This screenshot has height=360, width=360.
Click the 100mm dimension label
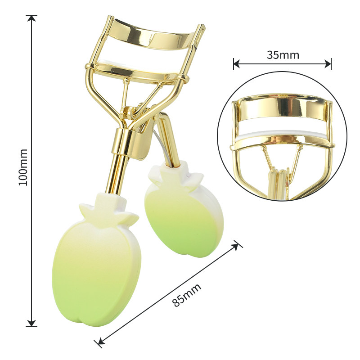(x=23, y=167)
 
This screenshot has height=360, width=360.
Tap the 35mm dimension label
(x=283, y=55)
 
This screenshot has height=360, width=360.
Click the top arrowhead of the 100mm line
(x=31, y=18)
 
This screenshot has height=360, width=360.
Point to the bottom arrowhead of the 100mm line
(x=31, y=323)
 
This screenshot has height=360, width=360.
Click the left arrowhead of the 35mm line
(x=237, y=63)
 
